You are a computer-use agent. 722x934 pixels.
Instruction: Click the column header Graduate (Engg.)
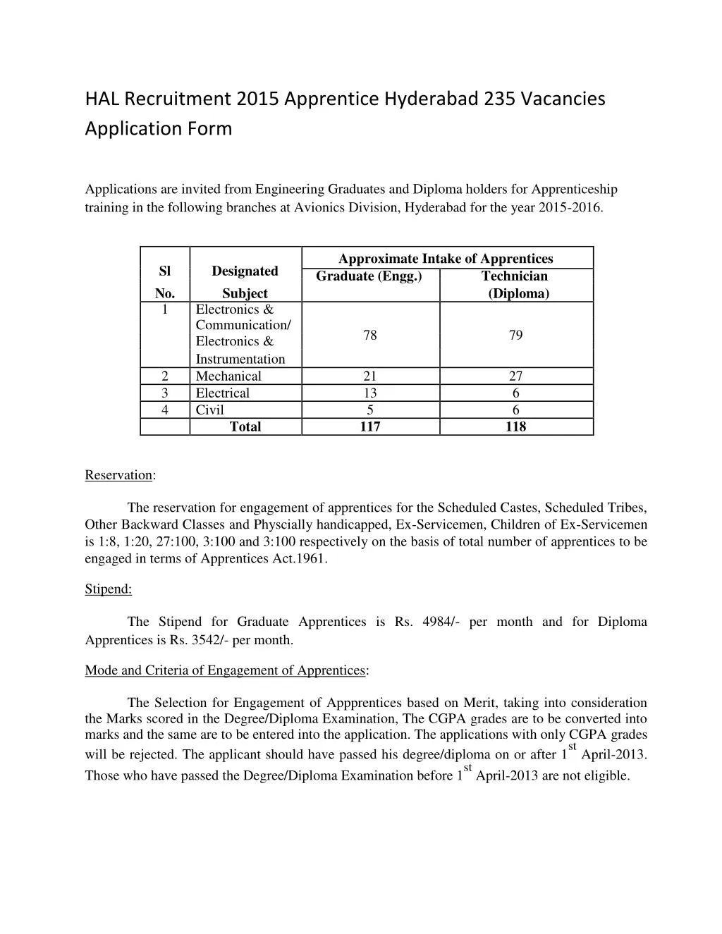[369, 276]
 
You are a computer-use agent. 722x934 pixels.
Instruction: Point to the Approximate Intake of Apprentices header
[446, 259]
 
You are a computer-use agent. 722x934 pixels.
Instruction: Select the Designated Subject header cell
[245, 282]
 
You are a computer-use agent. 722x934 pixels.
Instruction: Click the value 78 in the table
[370, 336]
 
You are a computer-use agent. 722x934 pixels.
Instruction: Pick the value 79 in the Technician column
[515, 336]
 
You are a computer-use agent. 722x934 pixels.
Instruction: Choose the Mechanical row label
[228, 376]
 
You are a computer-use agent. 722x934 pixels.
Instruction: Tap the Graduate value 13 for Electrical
[370, 393]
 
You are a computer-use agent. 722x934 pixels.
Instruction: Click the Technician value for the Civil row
[515, 410]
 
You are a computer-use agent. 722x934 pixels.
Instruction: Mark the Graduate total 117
[370, 427]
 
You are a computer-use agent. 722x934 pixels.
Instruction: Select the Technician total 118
[515, 427]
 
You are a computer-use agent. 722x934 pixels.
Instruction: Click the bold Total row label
[245, 427]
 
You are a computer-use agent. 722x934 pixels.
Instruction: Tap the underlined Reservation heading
[118, 475]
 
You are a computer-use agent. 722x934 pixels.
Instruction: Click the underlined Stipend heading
[108, 589]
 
